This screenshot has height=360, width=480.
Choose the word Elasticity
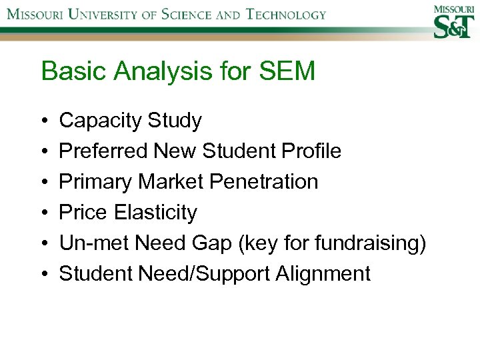[x=155, y=213]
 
